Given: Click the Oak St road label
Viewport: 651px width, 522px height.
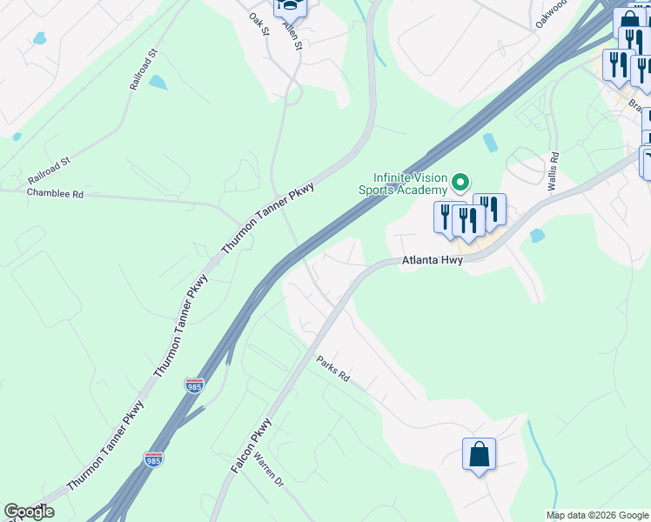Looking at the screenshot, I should pos(259,23).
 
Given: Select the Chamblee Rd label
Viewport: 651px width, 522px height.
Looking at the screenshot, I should pos(55,194).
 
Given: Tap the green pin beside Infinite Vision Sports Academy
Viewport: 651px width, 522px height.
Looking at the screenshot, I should pos(460,183).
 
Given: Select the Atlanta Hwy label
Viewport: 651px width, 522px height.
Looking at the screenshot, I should pos(430,260).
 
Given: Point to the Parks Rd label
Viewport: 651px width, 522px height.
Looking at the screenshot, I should pos(332,370).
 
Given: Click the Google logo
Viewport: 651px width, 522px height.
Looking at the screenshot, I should pos(29,512).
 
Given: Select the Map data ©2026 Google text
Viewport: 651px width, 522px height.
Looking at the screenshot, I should pos(597,515).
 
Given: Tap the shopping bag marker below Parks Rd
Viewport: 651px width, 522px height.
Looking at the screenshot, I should pos(479,454).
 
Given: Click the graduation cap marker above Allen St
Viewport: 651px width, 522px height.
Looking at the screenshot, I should pos(290,7).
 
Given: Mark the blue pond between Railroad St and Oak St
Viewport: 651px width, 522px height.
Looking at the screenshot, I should pos(158,83).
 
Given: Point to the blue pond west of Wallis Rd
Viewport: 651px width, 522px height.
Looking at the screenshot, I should pos(490,142).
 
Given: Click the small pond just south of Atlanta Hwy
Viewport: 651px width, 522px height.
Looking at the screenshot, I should pos(536,236).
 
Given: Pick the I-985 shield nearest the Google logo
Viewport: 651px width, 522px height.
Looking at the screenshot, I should pos(154,458).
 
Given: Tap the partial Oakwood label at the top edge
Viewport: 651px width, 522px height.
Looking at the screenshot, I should pos(551,15).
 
